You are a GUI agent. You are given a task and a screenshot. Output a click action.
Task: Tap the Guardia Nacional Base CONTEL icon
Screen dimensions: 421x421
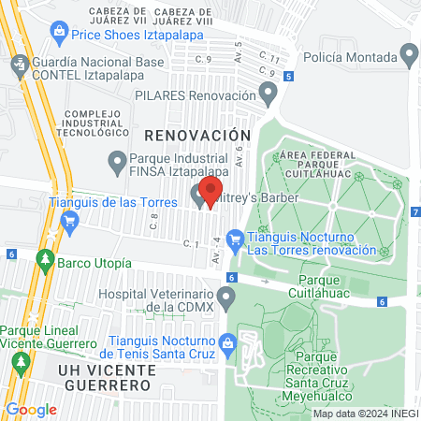19,65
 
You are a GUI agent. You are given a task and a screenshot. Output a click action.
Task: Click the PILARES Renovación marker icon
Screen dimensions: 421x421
269,94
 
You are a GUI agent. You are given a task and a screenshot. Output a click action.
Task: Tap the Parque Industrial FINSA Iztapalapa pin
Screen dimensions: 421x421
117,162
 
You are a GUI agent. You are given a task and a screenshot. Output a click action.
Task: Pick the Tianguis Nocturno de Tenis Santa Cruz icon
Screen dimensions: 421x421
227,343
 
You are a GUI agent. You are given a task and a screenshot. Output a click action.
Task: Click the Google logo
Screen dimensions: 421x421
31,409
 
